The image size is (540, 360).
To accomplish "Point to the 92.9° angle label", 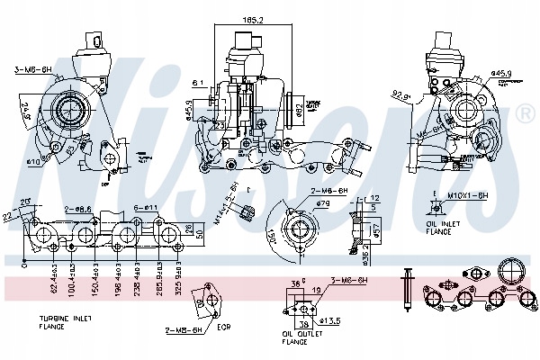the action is [x=402, y=94].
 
